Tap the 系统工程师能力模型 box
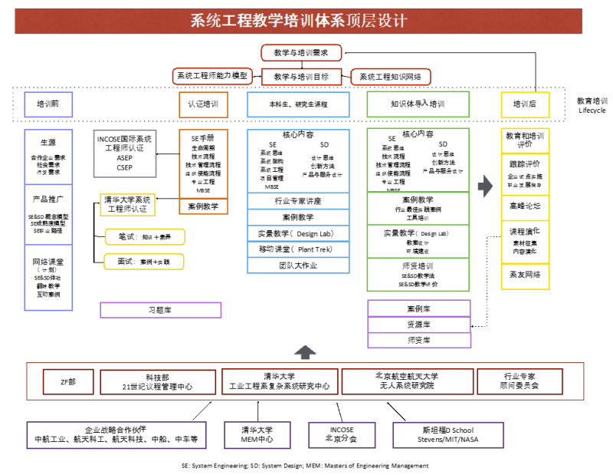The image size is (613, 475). [213, 76]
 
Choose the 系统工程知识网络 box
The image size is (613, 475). [391, 77]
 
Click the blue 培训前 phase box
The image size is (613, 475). [48, 104]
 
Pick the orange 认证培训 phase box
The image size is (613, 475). [203, 104]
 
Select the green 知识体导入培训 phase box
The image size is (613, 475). [418, 104]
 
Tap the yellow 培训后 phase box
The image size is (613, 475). [525, 104]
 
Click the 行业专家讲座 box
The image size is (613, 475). [298, 201]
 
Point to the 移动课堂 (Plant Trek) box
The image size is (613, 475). [298, 249]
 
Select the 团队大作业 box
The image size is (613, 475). [298, 266]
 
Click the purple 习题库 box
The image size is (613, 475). [161, 310]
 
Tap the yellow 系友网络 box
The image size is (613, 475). [525, 274]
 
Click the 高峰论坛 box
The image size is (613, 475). [525, 206]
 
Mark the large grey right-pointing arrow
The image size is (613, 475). [484, 186]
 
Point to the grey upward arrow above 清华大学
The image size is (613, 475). [306, 352]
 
